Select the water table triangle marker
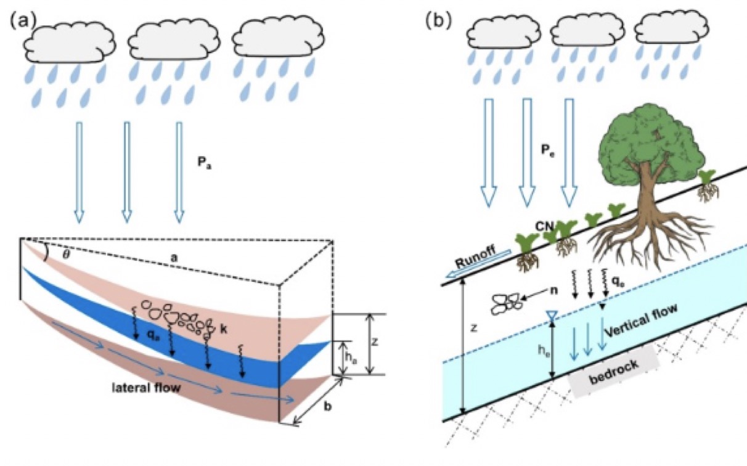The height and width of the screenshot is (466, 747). pyautogui.click(x=552, y=316)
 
